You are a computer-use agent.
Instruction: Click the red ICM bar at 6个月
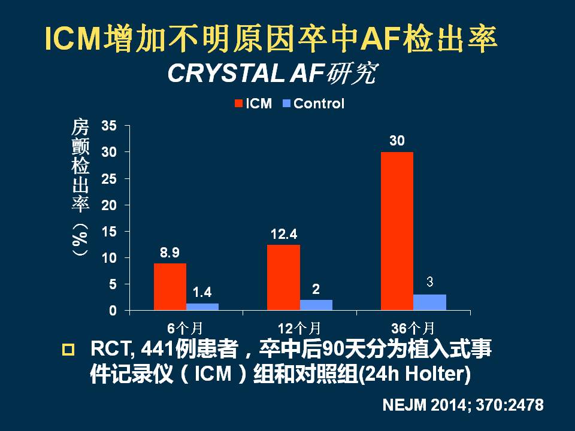pyautogui.click(x=170, y=287)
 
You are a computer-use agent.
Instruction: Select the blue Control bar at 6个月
pyautogui.click(x=202, y=306)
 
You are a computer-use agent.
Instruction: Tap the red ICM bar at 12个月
pyautogui.click(x=283, y=277)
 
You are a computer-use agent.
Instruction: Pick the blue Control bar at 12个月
pyautogui.click(x=316, y=305)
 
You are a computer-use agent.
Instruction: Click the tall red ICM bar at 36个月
pyautogui.click(x=397, y=231)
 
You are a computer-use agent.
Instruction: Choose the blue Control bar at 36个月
pyautogui.click(x=429, y=302)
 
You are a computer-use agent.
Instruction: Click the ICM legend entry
pyautogui.click(x=253, y=104)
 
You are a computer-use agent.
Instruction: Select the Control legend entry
pyautogui.click(x=313, y=104)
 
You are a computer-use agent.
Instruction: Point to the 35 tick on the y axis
pyautogui.click(x=109, y=126)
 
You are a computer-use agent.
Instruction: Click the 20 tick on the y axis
pyautogui.click(x=109, y=205)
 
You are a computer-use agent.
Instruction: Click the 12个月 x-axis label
pyautogui.click(x=299, y=327)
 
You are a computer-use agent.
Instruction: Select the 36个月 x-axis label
pyautogui.click(x=413, y=327)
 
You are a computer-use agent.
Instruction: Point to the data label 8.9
pyautogui.click(x=170, y=253)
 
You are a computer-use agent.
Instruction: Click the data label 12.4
pyautogui.click(x=283, y=234)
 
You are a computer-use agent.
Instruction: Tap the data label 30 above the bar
pyautogui.click(x=397, y=141)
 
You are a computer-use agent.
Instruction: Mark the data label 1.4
pyautogui.click(x=202, y=293)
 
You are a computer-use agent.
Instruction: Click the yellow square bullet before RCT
pyautogui.click(x=68, y=350)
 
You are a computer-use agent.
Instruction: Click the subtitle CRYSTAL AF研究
pyautogui.click(x=273, y=73)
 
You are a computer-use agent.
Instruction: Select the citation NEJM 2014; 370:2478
pyautogui.click(x=463, y=405)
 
